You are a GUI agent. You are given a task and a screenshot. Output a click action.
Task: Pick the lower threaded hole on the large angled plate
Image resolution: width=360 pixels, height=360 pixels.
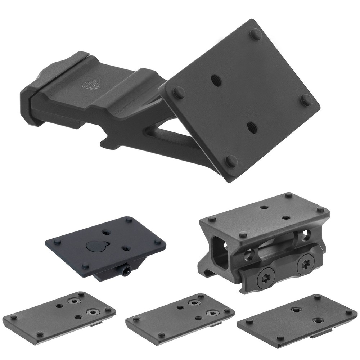(x=252, y=127)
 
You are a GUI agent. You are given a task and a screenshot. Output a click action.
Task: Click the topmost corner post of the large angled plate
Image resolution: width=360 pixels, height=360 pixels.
(x=256, y=34)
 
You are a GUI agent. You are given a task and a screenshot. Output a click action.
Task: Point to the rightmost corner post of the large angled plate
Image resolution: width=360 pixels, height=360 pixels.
(x=306, y=100)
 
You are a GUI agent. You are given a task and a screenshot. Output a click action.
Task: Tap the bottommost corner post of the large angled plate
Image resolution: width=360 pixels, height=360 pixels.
(x=231, y=161)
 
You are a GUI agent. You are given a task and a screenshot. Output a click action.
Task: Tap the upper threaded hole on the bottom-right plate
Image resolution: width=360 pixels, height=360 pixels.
(x=296, y=310)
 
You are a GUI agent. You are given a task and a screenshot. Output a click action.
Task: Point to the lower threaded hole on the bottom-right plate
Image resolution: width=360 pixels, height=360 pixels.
(x=318, y=320)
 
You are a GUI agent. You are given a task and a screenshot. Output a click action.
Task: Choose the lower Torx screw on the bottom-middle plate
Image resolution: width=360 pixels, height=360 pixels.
(x=212, y=313)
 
